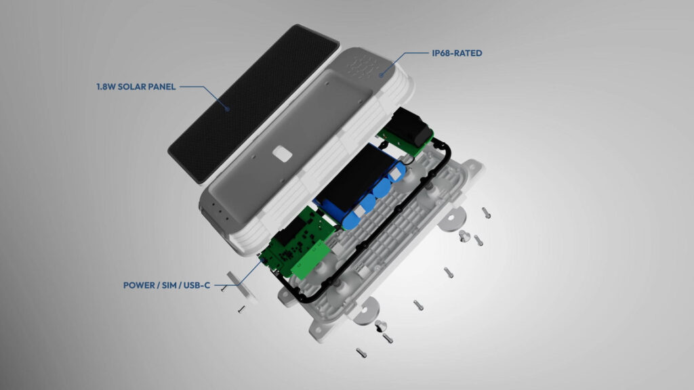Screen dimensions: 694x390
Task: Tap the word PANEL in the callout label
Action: [161, 87]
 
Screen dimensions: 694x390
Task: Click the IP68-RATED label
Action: [457, 53]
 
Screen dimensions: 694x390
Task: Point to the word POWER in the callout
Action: [139, 285]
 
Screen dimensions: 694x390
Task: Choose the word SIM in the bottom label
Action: [169, 285]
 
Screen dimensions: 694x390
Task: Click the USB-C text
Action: [197, 285]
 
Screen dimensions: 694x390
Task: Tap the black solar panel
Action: [253, 103]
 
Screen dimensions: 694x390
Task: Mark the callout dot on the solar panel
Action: [228, 109]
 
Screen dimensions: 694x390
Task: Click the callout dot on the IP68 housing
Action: [381, 75]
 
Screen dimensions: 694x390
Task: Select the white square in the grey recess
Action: [282, 154]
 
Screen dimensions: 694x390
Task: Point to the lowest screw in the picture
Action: [361, 353]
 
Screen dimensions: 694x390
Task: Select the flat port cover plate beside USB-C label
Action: [242, 286]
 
